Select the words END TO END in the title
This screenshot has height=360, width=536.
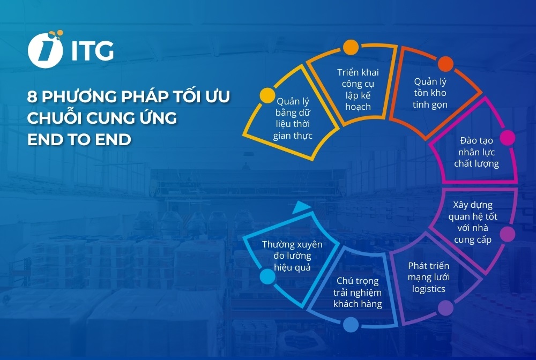pyautogui.click(x=79, y=139)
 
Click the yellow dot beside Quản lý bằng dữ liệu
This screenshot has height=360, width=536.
pyautogui.click(x=266, y=96)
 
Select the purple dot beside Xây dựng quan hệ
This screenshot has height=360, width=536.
pyautogui.click(x=507, y=234)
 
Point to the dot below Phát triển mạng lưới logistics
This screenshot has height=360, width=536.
pyautogui.click(x=445, y=307)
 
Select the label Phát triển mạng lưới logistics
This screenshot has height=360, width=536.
pyautogui.click(x=428, y=277)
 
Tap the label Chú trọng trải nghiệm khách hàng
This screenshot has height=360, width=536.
pyautogui.click(x=358, y=292)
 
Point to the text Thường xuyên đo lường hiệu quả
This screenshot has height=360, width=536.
pyautogui.click(x=292, y=256)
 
